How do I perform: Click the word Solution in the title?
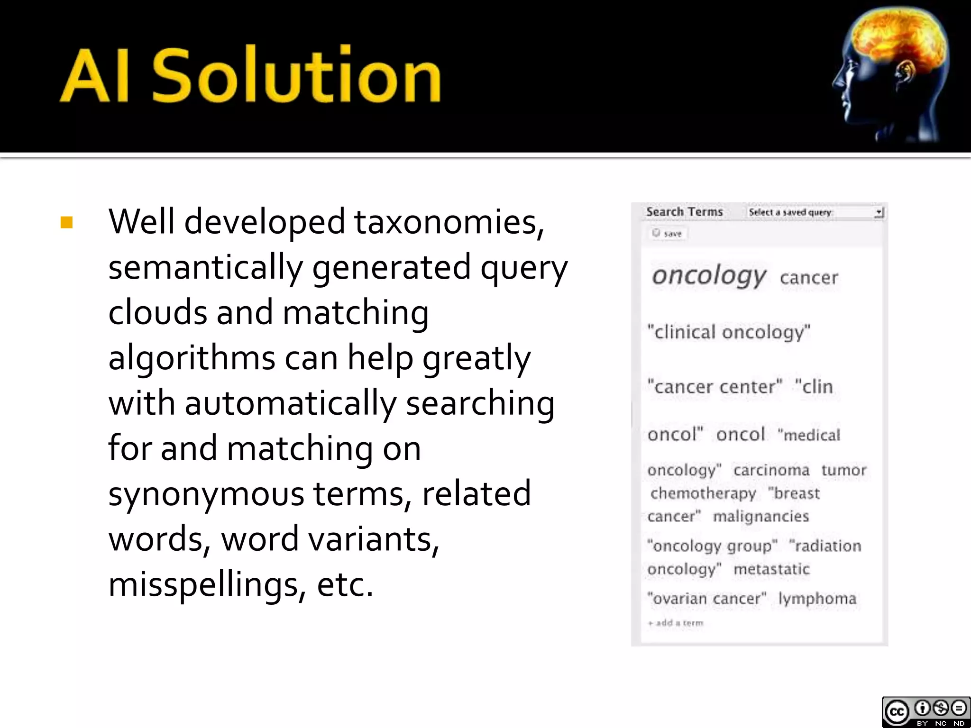tap(297, 76)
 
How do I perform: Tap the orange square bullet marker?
tap(67, 222)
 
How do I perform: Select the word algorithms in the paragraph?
tap(192, 358)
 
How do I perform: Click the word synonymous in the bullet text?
tap(206, 493)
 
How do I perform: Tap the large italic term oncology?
tap(708, 276)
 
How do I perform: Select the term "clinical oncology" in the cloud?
tap(729, 332)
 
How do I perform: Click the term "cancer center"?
tap(715, 387)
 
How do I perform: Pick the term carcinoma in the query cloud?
tap(771, 470)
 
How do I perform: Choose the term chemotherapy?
tap(703, 493)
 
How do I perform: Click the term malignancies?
tap(761, 516)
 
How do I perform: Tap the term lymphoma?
tap(817, 599)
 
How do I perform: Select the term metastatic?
tap(771, 569)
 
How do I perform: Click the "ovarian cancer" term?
tap(707, 599)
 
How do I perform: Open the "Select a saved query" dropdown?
tap(815, 212)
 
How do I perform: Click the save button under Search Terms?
tap(668, 234)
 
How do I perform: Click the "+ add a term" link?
tap(676, 623)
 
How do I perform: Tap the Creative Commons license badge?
tap(925, 711)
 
